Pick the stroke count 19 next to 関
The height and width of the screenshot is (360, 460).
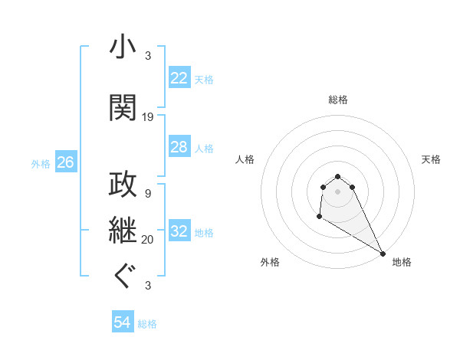coord(148,117)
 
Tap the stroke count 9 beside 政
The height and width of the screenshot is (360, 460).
coord(148,194)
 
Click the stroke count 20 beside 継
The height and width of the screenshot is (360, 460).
coord(148,240)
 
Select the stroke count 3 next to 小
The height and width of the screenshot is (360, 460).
coord(148,56)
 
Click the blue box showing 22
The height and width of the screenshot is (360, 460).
coord(179,78)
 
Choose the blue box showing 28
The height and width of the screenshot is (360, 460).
coord(179,147)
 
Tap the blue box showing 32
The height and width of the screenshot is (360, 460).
coord(179,231)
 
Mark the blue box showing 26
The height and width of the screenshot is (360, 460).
coord(65,162)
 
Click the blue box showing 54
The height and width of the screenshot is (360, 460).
coord(122,323)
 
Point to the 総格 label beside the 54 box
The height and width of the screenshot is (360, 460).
coord(148,324)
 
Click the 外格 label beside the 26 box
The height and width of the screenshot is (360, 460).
coord(41,163)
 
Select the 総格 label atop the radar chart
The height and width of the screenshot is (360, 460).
coord(338,100)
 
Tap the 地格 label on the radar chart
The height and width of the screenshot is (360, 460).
coord(402,262)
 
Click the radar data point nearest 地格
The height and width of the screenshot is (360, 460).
coord(383,254)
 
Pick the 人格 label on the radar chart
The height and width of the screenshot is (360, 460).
coord(245,159)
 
